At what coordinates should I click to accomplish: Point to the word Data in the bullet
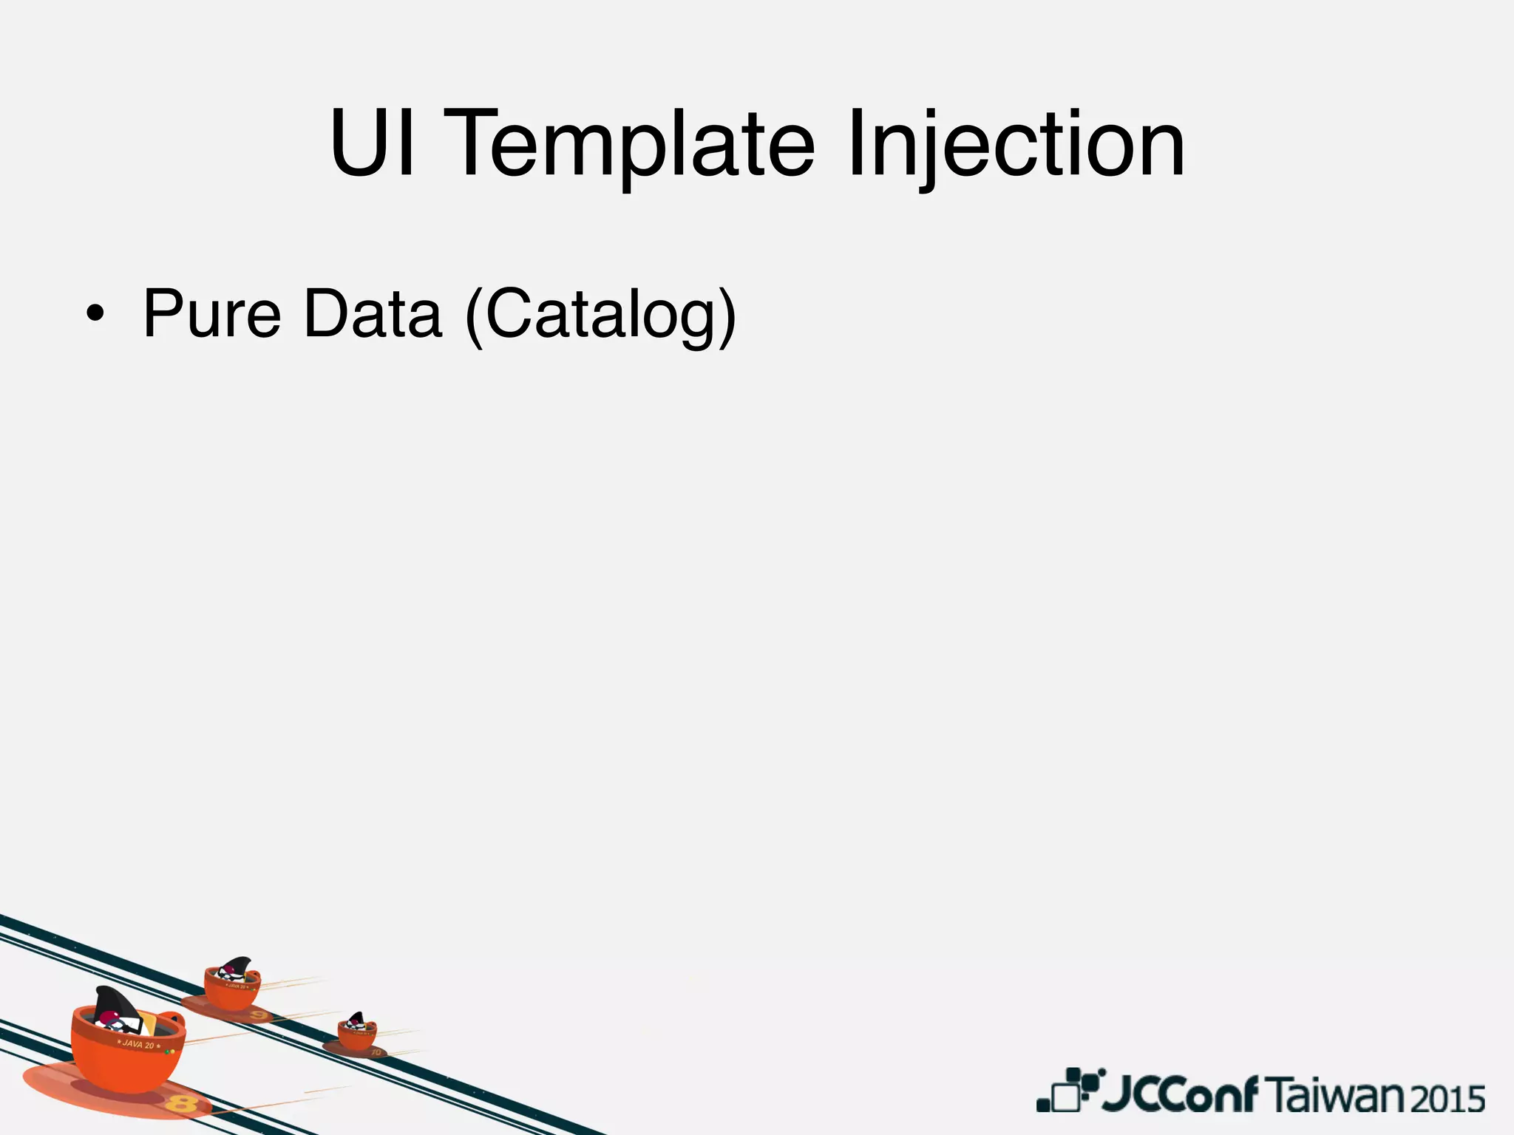(373, 314)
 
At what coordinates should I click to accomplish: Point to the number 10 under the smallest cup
(376, 1052)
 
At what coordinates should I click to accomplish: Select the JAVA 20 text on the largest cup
(138, 1045)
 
